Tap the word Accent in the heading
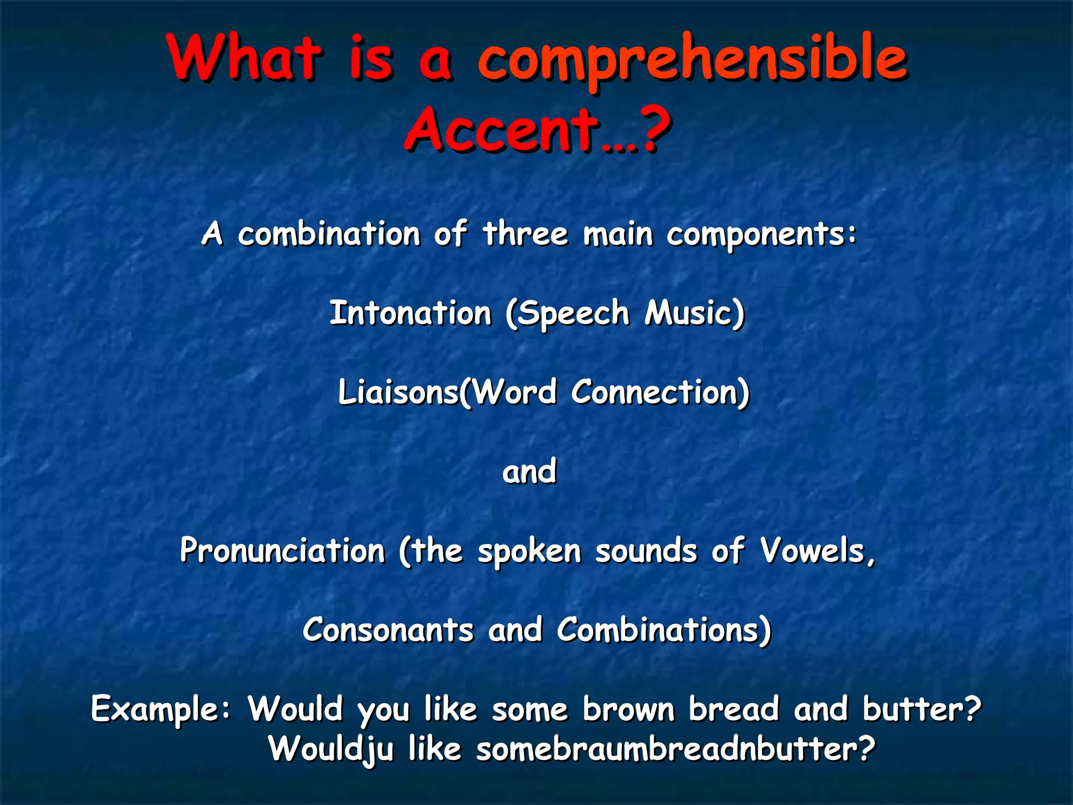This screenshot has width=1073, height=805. tap(503, 128)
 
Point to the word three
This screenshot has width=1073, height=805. tap(525, 234)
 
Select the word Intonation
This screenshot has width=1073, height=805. tap(410, 313)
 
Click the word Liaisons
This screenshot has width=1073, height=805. tap(398, 393)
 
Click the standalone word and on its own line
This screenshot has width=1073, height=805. tap(529, 472)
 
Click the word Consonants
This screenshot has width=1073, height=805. tap(388, 630)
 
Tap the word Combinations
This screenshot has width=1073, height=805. tap(658, 630)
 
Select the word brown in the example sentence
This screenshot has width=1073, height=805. tap(629, 709)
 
